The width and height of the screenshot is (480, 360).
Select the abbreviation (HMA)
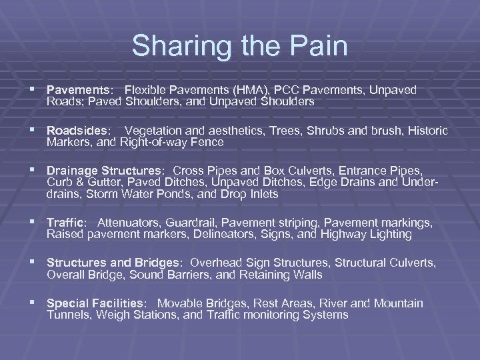[250, 89]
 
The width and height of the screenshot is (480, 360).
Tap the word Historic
[425, 130]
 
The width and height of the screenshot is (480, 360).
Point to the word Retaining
[253, 275]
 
